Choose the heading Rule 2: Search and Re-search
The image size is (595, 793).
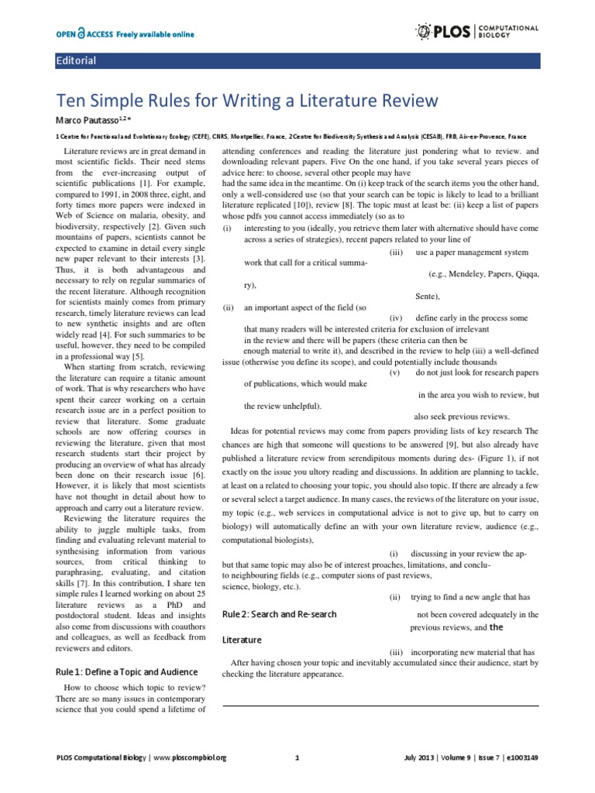[279, 614]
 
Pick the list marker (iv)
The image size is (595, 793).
[395, 318]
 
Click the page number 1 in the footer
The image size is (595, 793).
[297, 757]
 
